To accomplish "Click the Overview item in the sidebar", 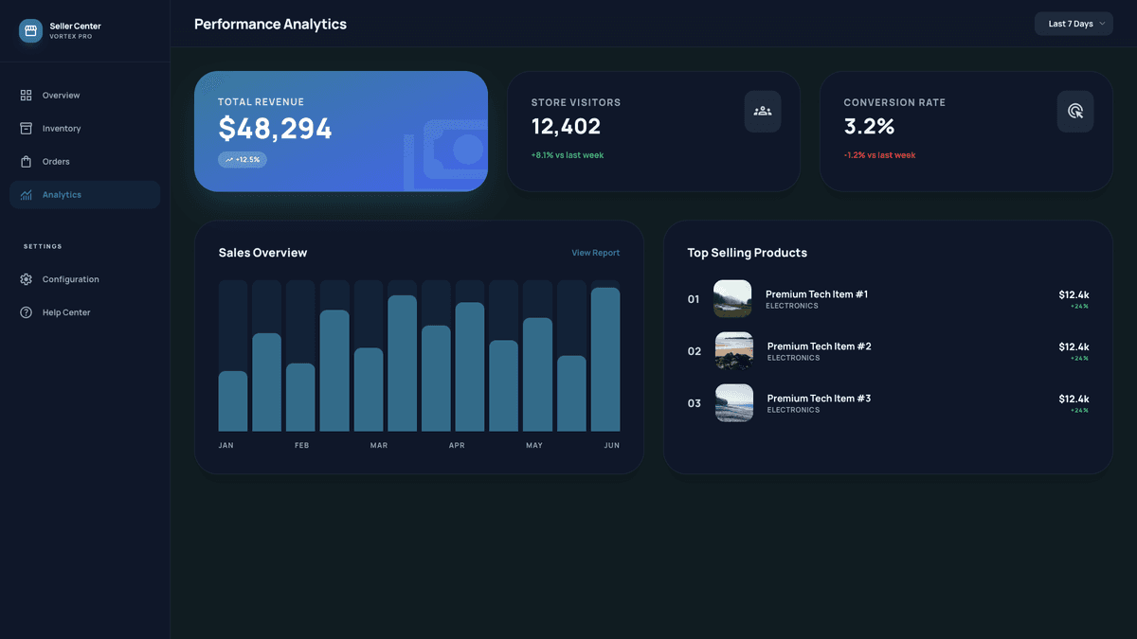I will (x=61, y=96).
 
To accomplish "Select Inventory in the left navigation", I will (x=62, y=129).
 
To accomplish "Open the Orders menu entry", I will (x=56, y=162).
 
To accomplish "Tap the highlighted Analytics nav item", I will (x=62, y=195).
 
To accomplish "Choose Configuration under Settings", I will (x=70, y=279).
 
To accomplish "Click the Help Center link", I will (x=66, y=312).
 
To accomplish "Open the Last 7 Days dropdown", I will (x=1074, y=24).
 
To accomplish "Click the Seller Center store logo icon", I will (x=30, y=30).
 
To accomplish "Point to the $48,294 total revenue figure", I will (x=275, y=129).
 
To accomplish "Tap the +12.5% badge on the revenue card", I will (x=243, y=160).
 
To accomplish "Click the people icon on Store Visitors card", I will (x=763, y=111).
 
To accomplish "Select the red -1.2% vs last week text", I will (x=879, y=155).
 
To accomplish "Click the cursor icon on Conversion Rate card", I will (x=1075, y=111).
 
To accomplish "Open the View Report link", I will (x=595, y=253).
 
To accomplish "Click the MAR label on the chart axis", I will (x=379, y=445).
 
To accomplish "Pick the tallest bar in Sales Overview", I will (x=605, y=360).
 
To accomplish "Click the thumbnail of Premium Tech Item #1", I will (x=732, y=298).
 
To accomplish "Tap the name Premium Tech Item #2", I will (x=819, y=346).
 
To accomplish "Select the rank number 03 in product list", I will (x=695, y=403).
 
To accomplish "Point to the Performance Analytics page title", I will (x=270, y=24).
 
